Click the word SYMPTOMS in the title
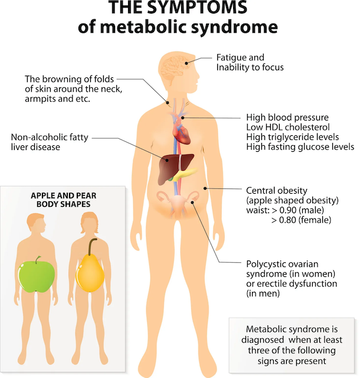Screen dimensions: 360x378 pos(197,7)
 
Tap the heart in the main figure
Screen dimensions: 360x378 pos(181,132)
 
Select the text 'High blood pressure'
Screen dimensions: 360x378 pos(287,118)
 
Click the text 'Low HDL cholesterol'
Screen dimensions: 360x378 pos(288,127)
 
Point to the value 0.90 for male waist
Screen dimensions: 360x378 pos(288,210)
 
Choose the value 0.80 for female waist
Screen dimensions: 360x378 pos(287,220)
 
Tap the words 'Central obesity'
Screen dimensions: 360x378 pos(277,191)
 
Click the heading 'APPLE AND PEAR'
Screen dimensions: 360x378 pos(64,195)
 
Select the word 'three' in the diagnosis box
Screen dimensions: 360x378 pos(259,350)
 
